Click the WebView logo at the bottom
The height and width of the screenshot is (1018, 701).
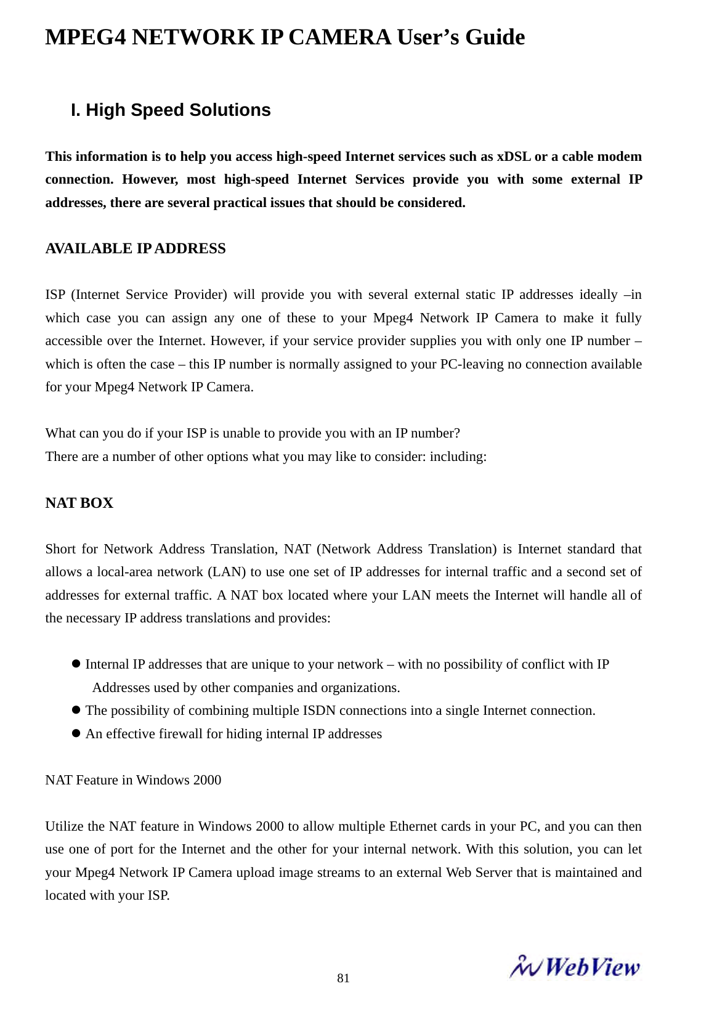pyautogui.click(x=574, y=967)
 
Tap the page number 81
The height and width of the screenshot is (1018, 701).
pyautogui.click(x=344, y=978)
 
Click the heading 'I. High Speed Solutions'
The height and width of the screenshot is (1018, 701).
pyautogui.click(x=171, y=110)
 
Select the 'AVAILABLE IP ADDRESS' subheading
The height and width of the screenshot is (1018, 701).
pyautogui.click(x=136, y=249)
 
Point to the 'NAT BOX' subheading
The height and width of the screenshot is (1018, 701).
pyautogui.click(x=79, y=503)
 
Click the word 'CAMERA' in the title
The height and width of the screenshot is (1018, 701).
pyautogui.click(x=339, y=38)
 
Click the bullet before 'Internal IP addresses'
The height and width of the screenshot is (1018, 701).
pyautogui.click(x=77, y=664)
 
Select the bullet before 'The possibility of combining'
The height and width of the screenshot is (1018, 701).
pyautogui.click(x=77, y=710)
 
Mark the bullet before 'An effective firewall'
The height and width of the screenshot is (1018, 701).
pyautogui.click(x=77, y=733)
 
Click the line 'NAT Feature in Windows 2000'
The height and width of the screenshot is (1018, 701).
pyautogui.click(x=133, y=780)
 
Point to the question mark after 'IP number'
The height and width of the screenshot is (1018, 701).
pyautogui.click(x=457, y=433)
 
